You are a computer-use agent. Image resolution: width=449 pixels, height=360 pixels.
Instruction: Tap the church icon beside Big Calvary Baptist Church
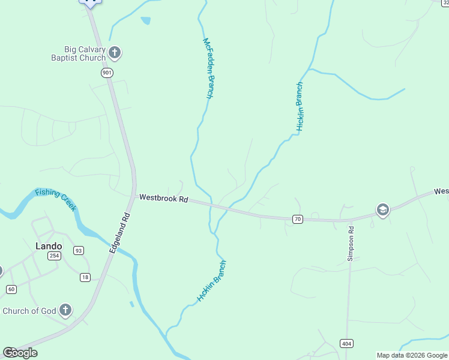(x=115, y=53)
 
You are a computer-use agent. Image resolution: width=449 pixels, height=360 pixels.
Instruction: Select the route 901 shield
(x=107, y=73)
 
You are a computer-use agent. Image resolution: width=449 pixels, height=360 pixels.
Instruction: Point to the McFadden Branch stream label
(x=208, y=68)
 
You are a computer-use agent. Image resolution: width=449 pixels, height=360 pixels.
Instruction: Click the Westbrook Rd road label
(x=164, y=198)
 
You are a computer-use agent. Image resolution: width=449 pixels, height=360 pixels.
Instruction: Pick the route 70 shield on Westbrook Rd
(x=298, y=219)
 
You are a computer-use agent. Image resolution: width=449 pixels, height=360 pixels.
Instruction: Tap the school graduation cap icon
(x=382, y=209)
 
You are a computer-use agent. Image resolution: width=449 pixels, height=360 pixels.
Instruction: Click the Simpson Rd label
(x=351, y=244)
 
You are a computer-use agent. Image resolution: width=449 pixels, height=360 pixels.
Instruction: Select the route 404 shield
(x=346, y=344)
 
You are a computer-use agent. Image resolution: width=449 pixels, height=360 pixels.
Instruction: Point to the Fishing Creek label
(x=56, y=199)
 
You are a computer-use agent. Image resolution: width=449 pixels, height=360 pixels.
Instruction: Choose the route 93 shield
(x=78, y=250)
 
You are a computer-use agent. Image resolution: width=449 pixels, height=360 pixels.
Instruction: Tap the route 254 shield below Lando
(x=55, y=256)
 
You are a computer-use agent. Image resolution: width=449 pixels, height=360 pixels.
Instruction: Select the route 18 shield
(x=85, y=277)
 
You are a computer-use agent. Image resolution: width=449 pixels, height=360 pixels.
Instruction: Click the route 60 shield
(x=11, y=289)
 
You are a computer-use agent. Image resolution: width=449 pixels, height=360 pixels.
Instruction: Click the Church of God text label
(x=29, y=311)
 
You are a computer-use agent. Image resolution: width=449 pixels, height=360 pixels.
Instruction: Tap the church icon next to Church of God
(x=65, y=310)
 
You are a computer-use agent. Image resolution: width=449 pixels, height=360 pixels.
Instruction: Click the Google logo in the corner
(x=20, y=353)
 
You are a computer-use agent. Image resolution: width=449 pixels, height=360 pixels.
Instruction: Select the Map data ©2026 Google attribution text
(x=412, y=355)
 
